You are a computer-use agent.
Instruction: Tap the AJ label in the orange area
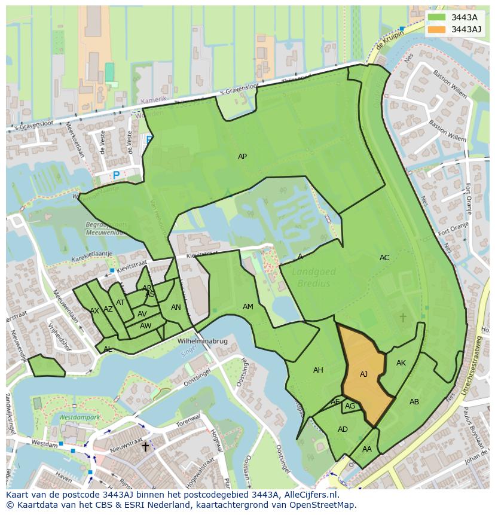pyautogui.click(x=363, y=374)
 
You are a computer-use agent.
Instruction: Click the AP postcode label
pyautogui.click(x=242, y=157)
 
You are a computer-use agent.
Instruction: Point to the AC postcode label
pyautogui.click(x=384, y=258)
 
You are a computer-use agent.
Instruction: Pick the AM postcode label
pyautogui.click(x=247, y=307)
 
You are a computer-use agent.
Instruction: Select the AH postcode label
pyautogui.click(x=318, y=370)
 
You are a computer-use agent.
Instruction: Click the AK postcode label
pyautogui.click(x=401, y=363)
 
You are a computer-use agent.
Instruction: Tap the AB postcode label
pyautogui.click(x=414, y=402)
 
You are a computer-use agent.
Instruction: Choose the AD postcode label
pyautogui.click(x=343, y=429)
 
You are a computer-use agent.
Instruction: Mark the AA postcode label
pyautogui.click(x=367, y=449)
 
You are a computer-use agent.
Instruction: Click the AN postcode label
pyautogui.click(x=176, y=307)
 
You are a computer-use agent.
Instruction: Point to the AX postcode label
pyautogui.click(x=94, y=311)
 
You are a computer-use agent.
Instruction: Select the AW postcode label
pyautogui.click(x=145, y=326)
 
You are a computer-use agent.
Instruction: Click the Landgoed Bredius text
pyautogui.click(x=314, y=278)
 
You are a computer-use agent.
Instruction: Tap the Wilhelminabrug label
pyautogui.click(x=203, y=341)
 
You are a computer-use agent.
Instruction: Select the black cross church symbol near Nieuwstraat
pyautogui.click(x=145, y=447)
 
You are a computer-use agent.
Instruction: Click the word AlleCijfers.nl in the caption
pyautogui.click(x=310, y=495)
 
